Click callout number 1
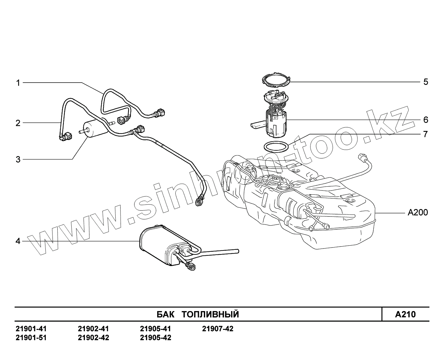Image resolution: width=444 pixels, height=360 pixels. [x=18, y=83]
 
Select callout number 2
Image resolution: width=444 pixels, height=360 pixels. [x=18, y=123]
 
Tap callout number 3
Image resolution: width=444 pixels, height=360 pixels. [x=18, y=159]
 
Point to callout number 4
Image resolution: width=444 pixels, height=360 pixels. [x=18, y=241]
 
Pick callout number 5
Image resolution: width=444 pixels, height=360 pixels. [x=426, y=82]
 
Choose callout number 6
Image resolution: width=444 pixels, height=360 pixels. [x=426, y=120]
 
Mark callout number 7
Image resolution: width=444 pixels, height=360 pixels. [x=426, y=134]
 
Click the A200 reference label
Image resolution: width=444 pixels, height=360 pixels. [x=417, y=213]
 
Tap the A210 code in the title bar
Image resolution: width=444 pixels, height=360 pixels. [x=405, y=314]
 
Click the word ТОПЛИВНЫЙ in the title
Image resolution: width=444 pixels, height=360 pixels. [x=210, y=314]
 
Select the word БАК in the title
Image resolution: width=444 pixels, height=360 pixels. [x=165, y=314]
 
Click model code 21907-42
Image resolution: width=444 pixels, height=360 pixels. [x=218, y=329]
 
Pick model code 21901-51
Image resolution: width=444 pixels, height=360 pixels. [x=31, y=338]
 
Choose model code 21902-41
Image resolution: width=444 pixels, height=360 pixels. [x=93, y=329]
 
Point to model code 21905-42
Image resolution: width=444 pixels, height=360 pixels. [x=156, y=338]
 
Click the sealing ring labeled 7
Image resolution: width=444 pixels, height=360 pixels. [x=276, y=146]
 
